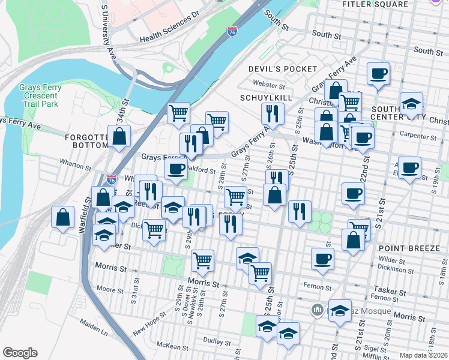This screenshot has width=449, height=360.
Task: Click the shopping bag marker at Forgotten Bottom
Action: [119, 136]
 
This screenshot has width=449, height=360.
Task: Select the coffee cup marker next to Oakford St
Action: [175, 169]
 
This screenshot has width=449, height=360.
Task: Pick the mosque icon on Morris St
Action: [318, 310]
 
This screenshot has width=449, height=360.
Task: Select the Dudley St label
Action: [212, 340]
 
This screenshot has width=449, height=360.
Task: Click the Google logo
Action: [20, 353]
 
